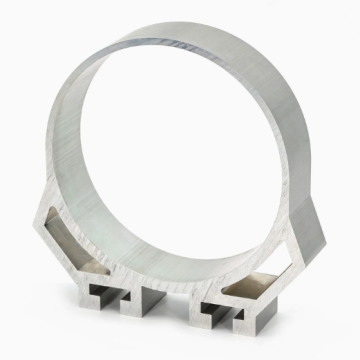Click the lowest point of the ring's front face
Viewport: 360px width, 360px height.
coord(160,279)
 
